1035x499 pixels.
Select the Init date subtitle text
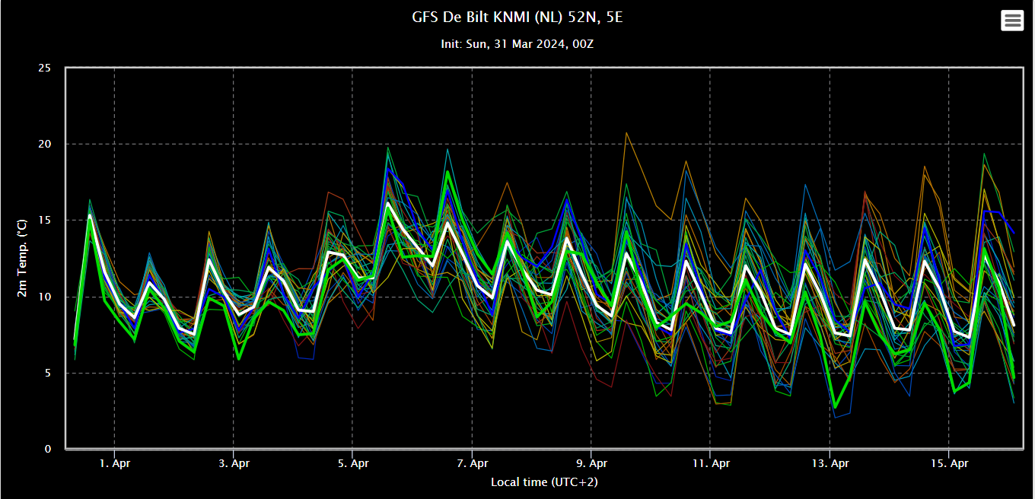click(517, 44)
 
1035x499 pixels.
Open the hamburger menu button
click(1012, 21)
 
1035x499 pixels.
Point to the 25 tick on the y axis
click(45, 68)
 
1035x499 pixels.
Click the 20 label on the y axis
click(45, 144)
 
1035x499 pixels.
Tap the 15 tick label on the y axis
click(45, 220)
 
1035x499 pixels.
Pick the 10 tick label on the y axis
click(45, 297)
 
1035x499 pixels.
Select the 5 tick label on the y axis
click(48, 373)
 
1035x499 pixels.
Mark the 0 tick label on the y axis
click(48, 449)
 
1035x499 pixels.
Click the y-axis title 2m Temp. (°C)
click(22, 258)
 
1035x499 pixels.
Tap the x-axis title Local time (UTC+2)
click(544, 482)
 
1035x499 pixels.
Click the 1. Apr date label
click(115, 463)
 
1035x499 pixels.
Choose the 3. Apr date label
click(234, 463)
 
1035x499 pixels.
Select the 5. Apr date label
click(353, 463)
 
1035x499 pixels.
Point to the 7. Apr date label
click(472, 463)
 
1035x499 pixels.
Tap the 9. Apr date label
click(591, 463)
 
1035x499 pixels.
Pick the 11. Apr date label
click(711, 463)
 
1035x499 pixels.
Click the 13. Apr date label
click(830, 463)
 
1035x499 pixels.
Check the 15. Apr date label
click(949, 463)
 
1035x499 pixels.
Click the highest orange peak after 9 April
click(626, 133)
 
